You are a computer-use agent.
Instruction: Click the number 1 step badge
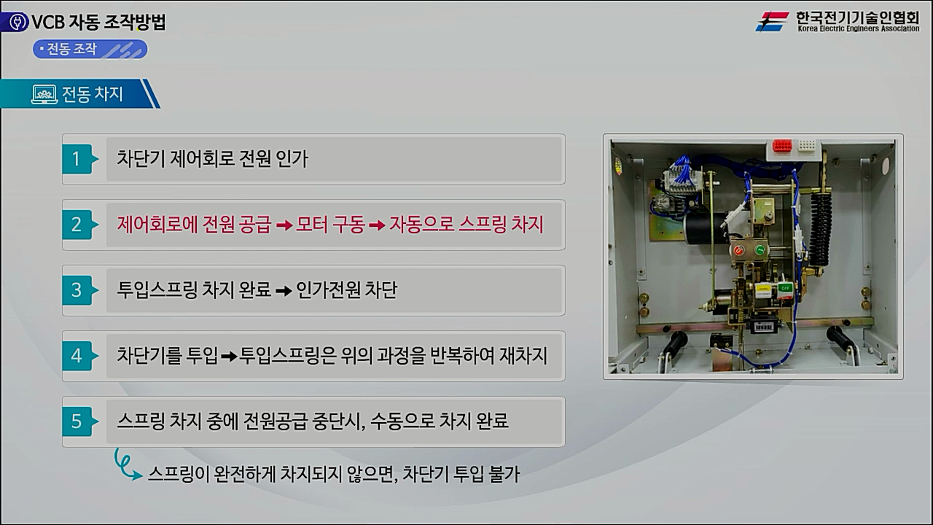(77, 159)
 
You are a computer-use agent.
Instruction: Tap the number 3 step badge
(77, 290)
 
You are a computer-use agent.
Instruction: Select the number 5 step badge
(77, 421)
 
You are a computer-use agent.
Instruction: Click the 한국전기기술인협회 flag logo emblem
(773, 21)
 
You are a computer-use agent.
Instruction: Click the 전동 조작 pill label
(90, 50)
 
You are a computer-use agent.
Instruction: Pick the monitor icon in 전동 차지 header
(44, 95)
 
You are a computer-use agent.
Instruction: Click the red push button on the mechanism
(738, 250)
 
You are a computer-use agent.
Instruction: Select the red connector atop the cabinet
(782, 146)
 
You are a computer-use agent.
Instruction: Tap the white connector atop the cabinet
(806, 146)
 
